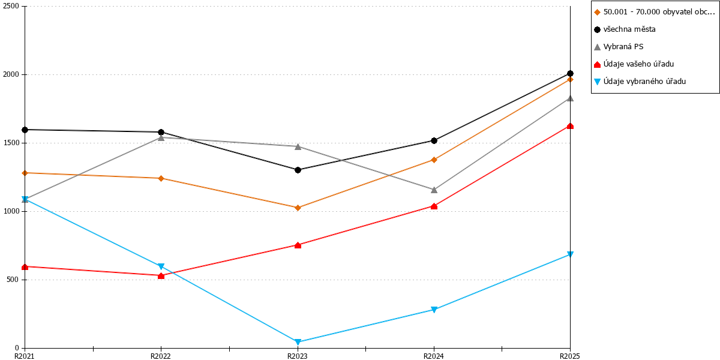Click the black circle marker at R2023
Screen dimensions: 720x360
click(x=298, y=170)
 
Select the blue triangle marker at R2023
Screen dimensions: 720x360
click(x=298, y=341)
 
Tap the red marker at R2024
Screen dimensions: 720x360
click(x=434, y=206)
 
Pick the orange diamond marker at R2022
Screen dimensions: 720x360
click(x=161, y=178)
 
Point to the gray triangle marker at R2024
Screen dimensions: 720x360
click(x=434, y=190)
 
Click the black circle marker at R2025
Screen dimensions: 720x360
click(x=570, y=74)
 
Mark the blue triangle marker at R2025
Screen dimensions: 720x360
click(x=570, y=254)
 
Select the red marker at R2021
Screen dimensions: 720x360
click(x=25, y=267)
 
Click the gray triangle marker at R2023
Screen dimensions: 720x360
click(x=298, y=147)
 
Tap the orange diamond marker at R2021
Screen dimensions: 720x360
click(x=25, y=173)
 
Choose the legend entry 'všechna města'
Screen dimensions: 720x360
click(x=625, y=29)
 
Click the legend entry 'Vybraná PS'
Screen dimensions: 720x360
click(x=619, y=47)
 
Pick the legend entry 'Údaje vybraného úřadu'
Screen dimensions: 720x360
click(x=640, y=82)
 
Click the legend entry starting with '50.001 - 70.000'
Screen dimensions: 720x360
click(x=655, y=12)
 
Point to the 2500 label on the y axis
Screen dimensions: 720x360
click(x=11, y=6)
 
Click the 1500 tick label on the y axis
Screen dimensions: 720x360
click(x=11, y=143)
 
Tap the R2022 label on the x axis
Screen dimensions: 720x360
click(x=161, y=356)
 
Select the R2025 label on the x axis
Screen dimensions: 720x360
click(x=570, y=356)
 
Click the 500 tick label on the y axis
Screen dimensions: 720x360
click(x=13, y=280)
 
